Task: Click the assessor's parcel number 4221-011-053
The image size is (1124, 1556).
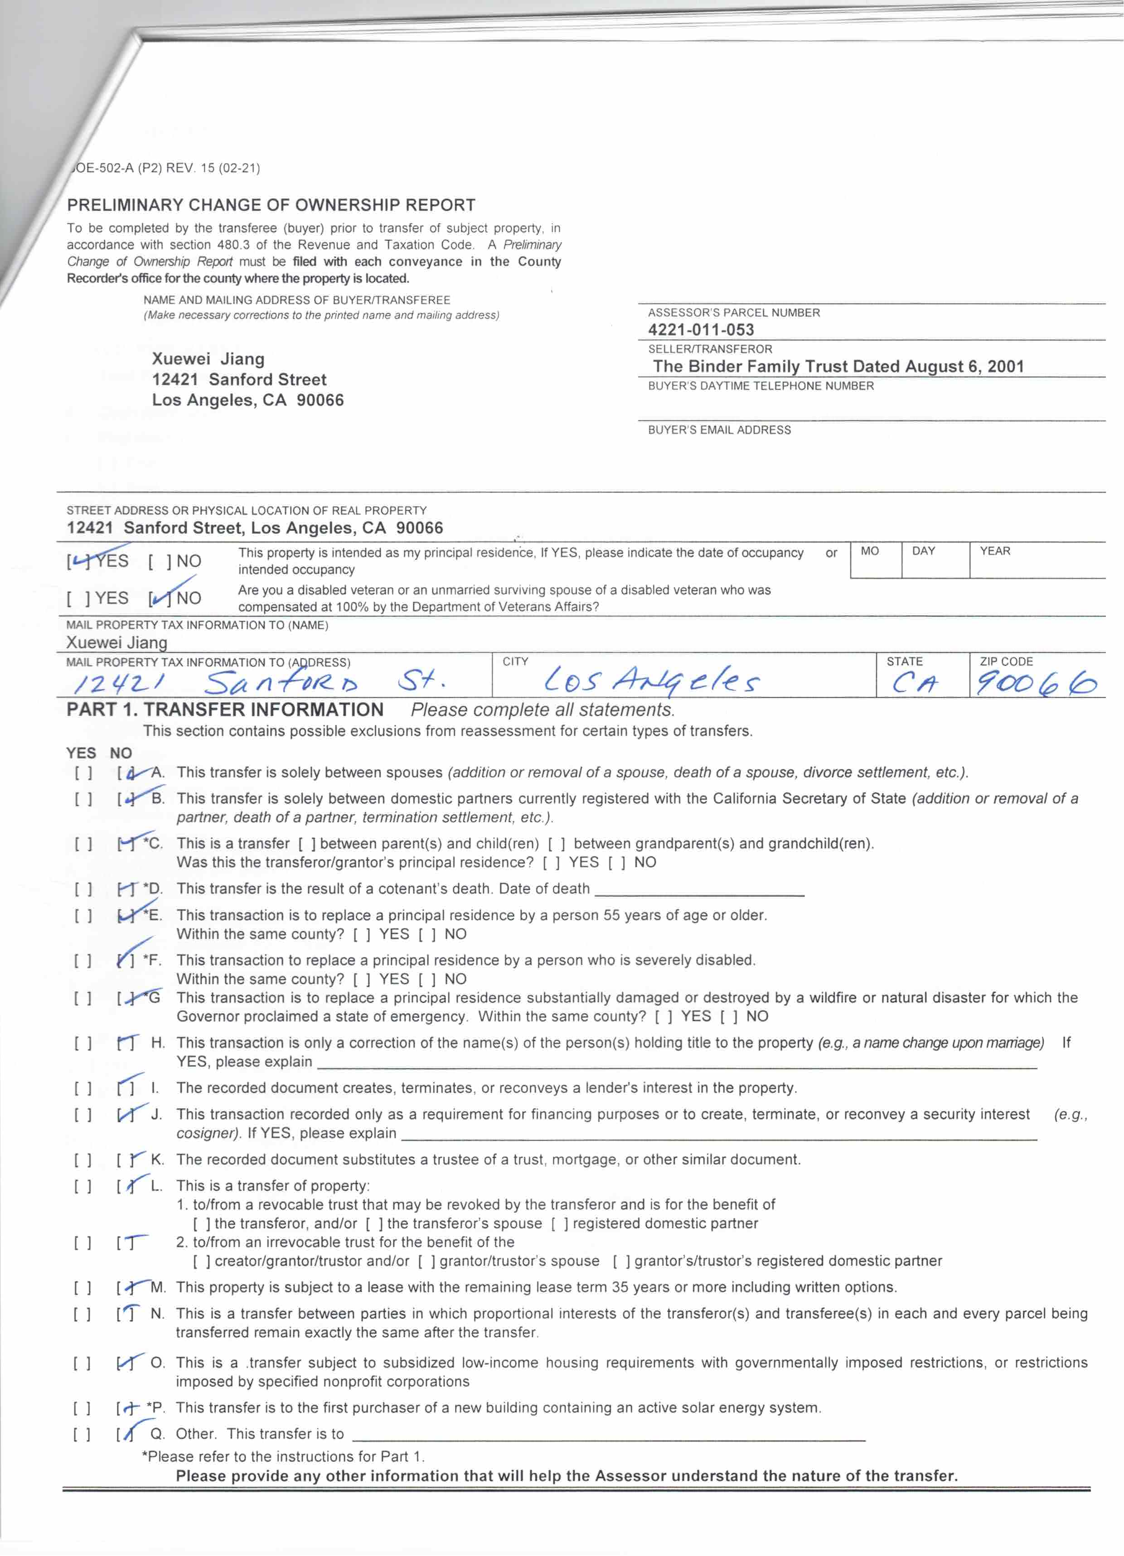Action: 701,330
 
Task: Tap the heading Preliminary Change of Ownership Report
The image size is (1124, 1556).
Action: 271,205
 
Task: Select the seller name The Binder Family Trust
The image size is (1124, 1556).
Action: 837,367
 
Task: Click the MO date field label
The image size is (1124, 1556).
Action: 869,551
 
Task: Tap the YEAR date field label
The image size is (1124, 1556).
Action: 994,551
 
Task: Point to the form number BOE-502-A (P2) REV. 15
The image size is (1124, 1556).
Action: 165,168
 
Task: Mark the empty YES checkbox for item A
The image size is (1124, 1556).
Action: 83,773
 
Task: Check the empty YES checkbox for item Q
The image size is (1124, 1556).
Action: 82,1434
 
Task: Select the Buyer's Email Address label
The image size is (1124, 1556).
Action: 719,430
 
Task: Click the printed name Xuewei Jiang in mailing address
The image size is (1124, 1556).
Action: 208,359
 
